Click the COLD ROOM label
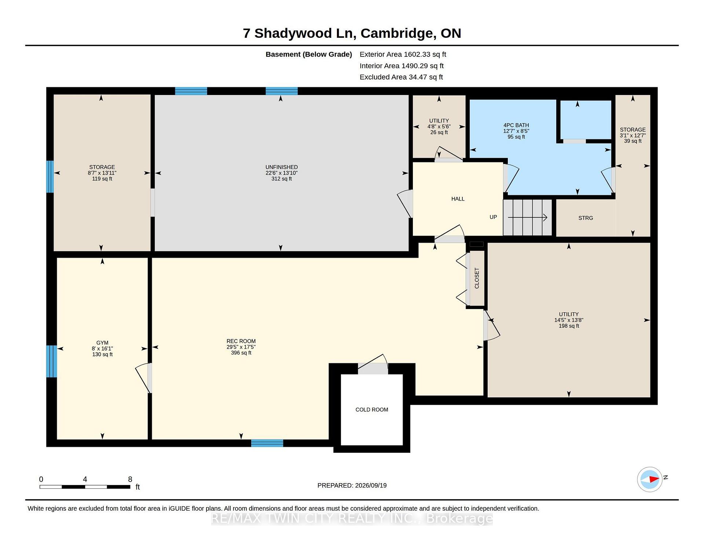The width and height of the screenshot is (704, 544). tap(372, 409)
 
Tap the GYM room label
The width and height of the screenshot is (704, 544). tap(102, 343)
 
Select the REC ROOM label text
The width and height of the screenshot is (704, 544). tap(241, 341)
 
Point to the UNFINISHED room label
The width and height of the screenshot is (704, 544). tap(282, 167)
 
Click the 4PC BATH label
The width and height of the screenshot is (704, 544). tap(516, 125)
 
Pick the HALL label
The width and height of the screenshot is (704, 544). tap(458, 199)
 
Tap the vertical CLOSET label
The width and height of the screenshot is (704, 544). tap(477, 278)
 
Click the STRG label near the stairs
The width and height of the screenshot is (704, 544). tap(586, 218)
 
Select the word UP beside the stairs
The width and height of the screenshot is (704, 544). tap(493, 217)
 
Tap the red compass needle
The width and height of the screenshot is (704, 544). tap(654, 479)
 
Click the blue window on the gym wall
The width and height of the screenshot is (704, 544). tap(51, 361)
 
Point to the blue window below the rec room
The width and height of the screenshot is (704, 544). tap(267, 443)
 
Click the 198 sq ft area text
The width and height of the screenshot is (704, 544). tap(569, 326)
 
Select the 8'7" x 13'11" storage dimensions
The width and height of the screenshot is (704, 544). tap(102, 173)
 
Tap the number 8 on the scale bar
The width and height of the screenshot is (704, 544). tap(130, 479)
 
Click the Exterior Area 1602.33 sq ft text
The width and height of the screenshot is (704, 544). tap(403, 54)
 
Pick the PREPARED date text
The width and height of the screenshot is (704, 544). tap(352, 485)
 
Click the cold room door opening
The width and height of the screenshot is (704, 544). tap(373, 369)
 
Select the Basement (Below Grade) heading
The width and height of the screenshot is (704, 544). tap(309, 54)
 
